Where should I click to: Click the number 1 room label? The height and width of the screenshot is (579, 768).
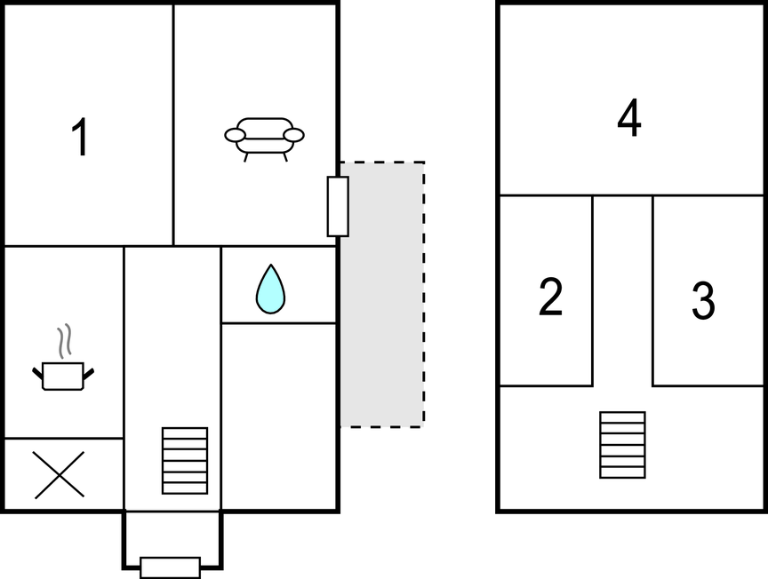click(x=80, y=139)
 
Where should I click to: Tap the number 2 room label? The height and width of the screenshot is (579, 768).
click(x=551, y=297)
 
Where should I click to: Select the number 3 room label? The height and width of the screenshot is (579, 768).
click(x=703, y=302)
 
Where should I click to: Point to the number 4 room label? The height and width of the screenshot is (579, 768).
click(x=629, y=120)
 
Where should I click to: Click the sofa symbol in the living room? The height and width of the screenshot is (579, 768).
click(x=264, y=139)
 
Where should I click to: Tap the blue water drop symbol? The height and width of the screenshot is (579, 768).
click(x=270, y=289)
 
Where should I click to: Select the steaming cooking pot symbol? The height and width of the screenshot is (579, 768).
click(x=63, y=373)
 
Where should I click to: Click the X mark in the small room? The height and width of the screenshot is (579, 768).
click(x=60, y=474)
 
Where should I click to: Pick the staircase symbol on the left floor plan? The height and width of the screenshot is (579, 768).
click(x=185, y=460)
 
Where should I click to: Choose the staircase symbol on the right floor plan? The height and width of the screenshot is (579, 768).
click(x=622, y=444)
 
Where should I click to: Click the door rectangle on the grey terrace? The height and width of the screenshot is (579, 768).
click(x=338, y=206)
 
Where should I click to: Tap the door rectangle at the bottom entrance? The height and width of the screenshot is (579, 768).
click(x=170, y=567)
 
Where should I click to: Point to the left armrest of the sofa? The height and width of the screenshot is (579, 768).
click(x=235, y=135)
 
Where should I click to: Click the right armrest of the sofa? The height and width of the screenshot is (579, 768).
click(x=294, y=135)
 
